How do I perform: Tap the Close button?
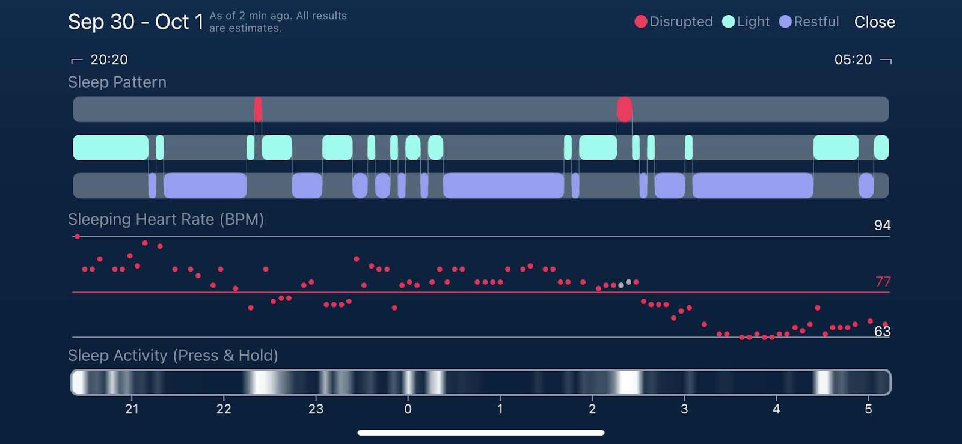point(874,22)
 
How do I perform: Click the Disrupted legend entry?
point(673,22)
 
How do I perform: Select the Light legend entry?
point(746,22)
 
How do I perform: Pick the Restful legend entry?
point(809,22)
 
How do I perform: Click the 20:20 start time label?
point(109,59)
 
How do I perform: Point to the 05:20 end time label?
point(853,59)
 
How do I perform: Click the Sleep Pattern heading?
point(117,82)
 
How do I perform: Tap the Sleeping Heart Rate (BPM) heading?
point(166,219)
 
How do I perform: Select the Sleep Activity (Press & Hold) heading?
point(173,356)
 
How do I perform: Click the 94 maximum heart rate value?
point(882,225)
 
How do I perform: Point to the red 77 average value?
point(883,281)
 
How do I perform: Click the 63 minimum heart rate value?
point(882,332)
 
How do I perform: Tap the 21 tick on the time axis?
point(132,409)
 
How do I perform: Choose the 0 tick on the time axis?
point(408,409)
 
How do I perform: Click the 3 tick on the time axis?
point(684,409)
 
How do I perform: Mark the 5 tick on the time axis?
point(868,409)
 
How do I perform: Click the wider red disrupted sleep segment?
point(624,109)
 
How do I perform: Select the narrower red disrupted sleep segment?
point(258,109)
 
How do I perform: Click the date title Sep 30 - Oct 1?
point(135,22)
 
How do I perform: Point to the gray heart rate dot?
point(628,282)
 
